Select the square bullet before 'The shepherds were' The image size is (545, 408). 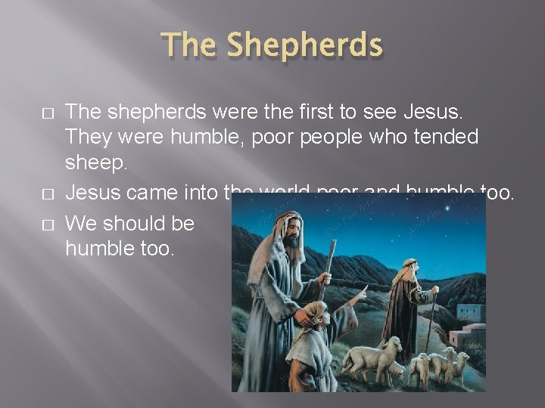click(x=48, y=113)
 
